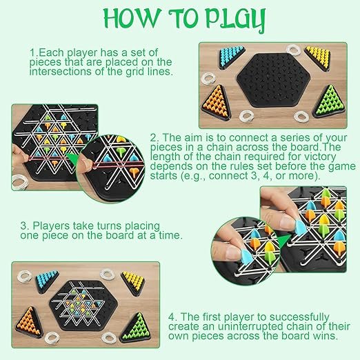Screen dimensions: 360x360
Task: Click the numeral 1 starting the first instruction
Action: pos(32,52)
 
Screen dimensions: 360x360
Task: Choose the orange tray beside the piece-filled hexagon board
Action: pos(34,321)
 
